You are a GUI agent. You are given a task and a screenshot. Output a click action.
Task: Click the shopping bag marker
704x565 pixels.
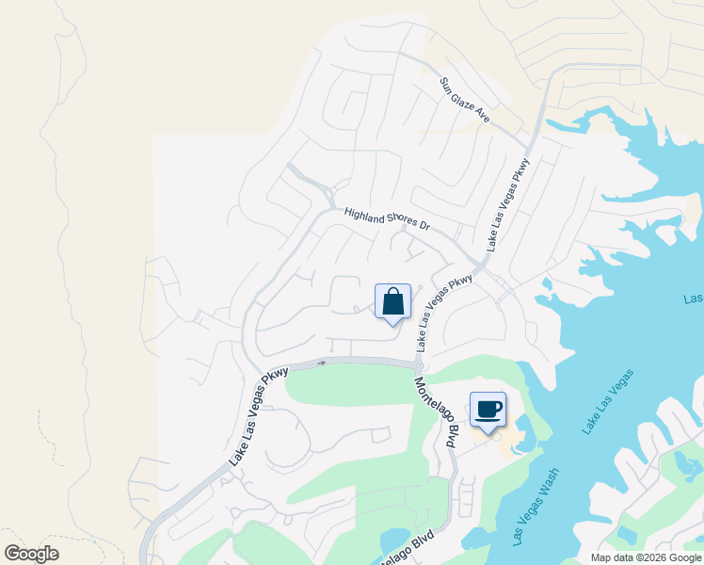(x=393, y=303)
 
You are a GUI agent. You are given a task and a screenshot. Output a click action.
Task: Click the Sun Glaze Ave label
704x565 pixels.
(x=465, y=100)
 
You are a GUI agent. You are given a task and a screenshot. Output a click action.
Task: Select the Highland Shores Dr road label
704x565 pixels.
(x=386, y=220)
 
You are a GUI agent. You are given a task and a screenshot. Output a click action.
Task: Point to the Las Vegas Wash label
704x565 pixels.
(x=536, y=507)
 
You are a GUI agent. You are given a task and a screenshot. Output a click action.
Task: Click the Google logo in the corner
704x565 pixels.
(x=31, y=554)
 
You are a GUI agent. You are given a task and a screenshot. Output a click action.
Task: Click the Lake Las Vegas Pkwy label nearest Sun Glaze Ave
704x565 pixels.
(x=508, y=204)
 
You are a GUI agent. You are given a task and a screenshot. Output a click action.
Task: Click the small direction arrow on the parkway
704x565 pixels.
(x=322, y=362)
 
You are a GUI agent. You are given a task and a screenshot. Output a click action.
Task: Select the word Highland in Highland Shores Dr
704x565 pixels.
(x=365, y=217)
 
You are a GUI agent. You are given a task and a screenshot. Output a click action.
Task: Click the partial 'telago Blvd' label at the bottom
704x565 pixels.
(x=407, y=550)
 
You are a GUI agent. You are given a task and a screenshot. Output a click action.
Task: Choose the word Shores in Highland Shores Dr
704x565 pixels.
(x=403, y=223)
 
